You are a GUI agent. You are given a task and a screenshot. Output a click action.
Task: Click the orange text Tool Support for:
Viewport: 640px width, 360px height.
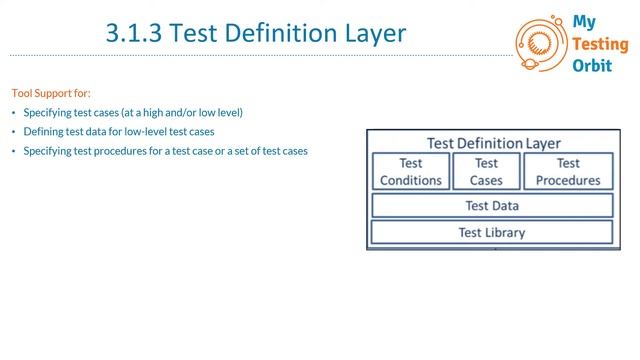[51, 92]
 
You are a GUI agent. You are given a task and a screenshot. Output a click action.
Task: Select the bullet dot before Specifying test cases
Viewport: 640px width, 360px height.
[14, 113]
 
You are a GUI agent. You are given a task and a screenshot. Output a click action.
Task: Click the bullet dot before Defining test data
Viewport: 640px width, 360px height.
[14, 132]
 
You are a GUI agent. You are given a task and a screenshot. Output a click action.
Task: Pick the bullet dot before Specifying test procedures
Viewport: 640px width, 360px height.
[14, 151]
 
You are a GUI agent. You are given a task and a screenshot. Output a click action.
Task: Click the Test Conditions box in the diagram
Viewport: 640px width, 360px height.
[411, 172]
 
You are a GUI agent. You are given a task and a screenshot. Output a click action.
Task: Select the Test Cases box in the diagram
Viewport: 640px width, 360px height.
[486, 172]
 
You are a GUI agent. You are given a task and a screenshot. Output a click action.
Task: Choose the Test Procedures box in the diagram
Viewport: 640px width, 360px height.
[568, 172]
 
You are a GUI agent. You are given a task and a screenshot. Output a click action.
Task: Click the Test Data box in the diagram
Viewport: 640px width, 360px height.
[492, 206]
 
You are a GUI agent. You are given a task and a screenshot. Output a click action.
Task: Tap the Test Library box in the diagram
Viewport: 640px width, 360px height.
[492, 232]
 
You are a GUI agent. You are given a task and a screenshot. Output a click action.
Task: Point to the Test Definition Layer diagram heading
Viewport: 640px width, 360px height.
[494, 143]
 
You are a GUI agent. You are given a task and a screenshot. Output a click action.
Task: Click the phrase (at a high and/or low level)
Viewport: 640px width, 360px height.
[182, 113]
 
